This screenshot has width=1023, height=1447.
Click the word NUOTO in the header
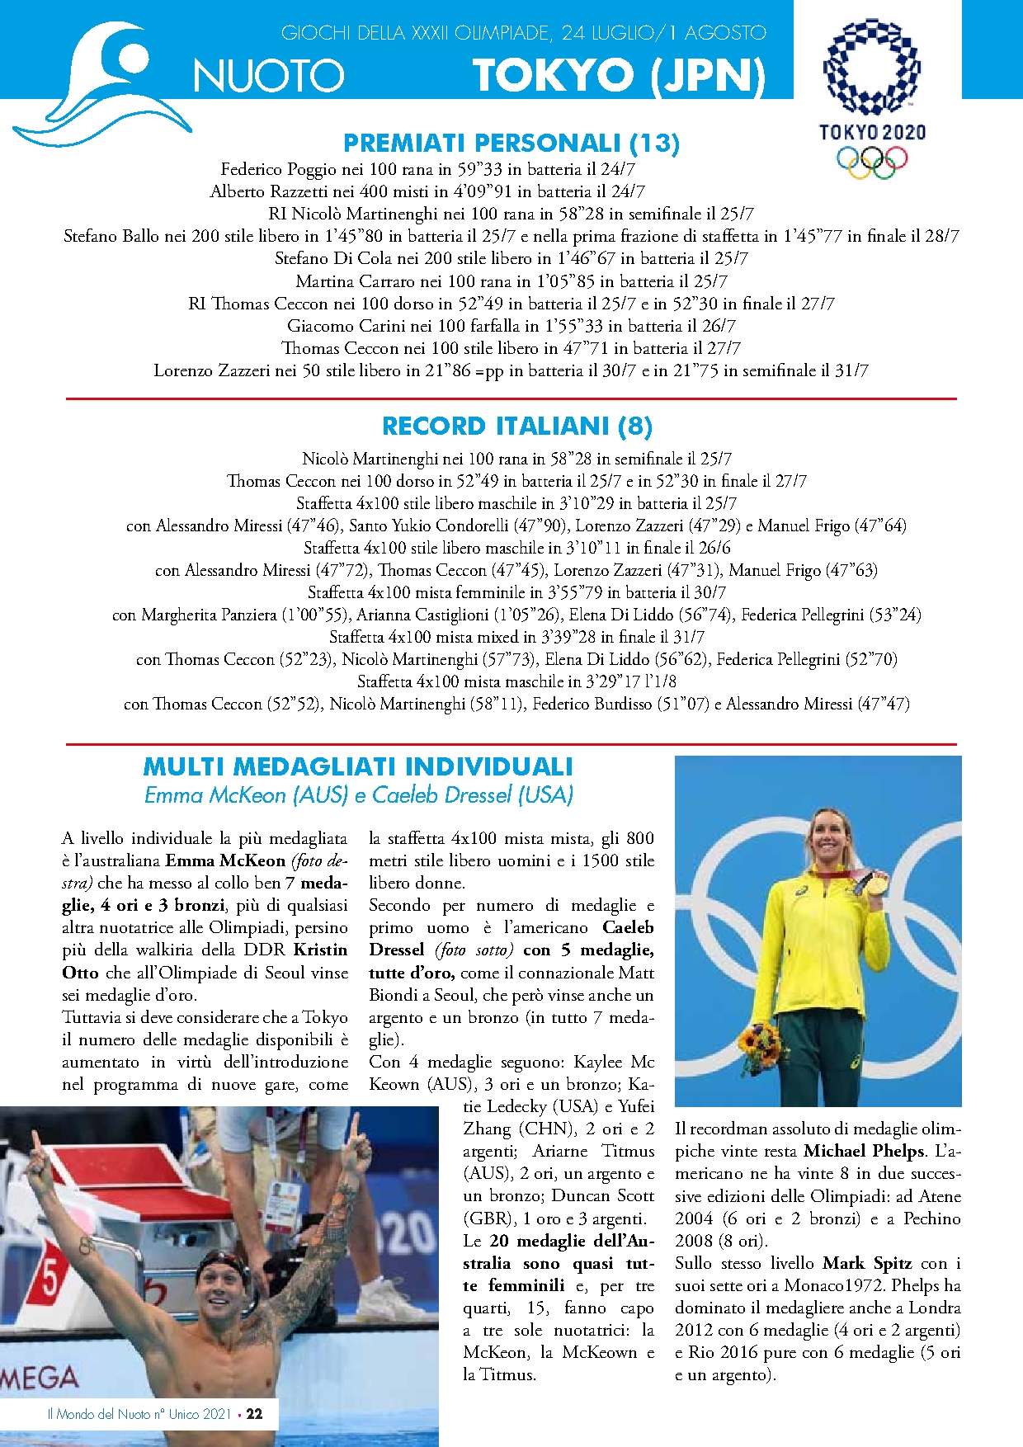point(268,76)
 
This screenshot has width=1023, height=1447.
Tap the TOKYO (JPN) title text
point(619,76)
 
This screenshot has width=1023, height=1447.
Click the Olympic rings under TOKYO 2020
point(872,160)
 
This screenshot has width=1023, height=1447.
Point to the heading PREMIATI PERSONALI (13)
point(511,144)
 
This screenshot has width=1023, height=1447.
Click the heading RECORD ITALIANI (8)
point(517,427)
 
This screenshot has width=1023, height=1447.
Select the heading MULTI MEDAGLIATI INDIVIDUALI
point(358,766)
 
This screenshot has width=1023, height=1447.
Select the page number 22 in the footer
point(254,1414)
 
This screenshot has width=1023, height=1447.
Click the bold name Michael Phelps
point(863,1151)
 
